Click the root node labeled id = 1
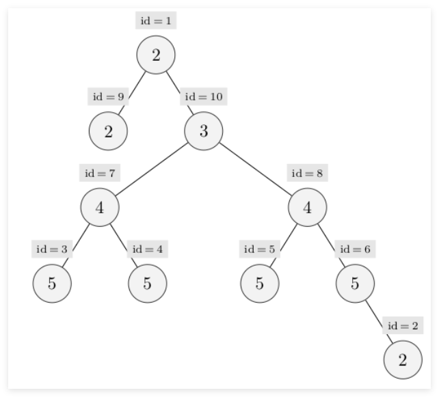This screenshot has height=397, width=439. pyautogui.click(x=156, y=55)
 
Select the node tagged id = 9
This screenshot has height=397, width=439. pyautogui.click(x=108, y=131)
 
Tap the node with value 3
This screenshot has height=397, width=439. pyautogui.click(x=203, y=131)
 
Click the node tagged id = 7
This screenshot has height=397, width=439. pyautogui.click(x=100, y=207)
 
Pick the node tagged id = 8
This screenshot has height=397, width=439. pyautogui.click(x=307, y=207)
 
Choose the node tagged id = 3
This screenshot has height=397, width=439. pyautogui.click(x=52, y=283)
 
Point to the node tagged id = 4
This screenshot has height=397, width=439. pyautogui.click(x=147, y=283)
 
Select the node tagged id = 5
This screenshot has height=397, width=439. pyautogui.click(x=260, y=283)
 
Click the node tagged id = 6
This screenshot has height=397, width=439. pyautogui.click(x=355, y=283)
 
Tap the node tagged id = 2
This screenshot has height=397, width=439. pyautogui.click(x=402, y=359)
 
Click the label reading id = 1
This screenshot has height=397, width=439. pyautogui.click(x=156, y=20)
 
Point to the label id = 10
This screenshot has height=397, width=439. pyautogui.click(x=204, y=96)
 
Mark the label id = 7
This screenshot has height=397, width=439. pyautogui.click(x=100, y=173)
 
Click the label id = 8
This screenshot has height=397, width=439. pyautogui.click(x=307, y=173)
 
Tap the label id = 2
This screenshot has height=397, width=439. pyautogui.click(x=402, y=325)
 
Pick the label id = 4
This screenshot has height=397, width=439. pyautogui.click(x=148, y=249)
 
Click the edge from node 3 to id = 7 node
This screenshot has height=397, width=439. pyautogui.click(x=151, y=169)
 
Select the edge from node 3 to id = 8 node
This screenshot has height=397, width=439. pyautogui.click(x=255, y=169)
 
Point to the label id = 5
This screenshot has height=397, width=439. pyautogui.click(x=260, y=249)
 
